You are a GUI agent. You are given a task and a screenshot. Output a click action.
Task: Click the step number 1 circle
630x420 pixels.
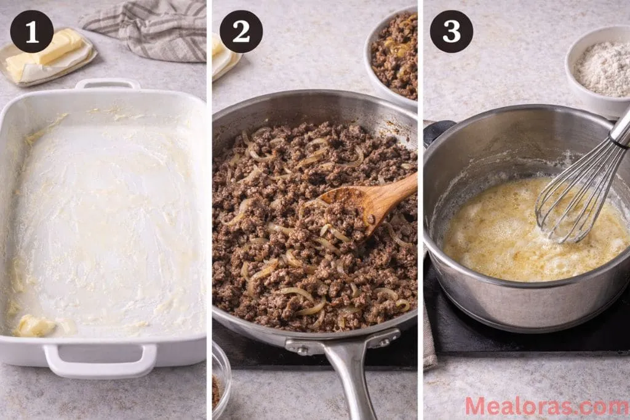pos(31,31)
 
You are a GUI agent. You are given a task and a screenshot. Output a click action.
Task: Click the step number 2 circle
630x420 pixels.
pos(241,31)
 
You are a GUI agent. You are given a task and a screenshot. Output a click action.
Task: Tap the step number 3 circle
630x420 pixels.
pos(451,31)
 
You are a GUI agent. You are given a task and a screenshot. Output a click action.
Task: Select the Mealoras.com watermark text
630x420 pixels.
pos(546,406)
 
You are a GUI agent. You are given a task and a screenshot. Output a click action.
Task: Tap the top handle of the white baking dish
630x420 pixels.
pos(107,84)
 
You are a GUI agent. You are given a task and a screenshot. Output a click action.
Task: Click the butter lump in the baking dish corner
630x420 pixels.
pos(34,326)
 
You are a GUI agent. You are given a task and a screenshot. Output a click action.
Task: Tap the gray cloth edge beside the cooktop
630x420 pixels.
pos(429,338)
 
